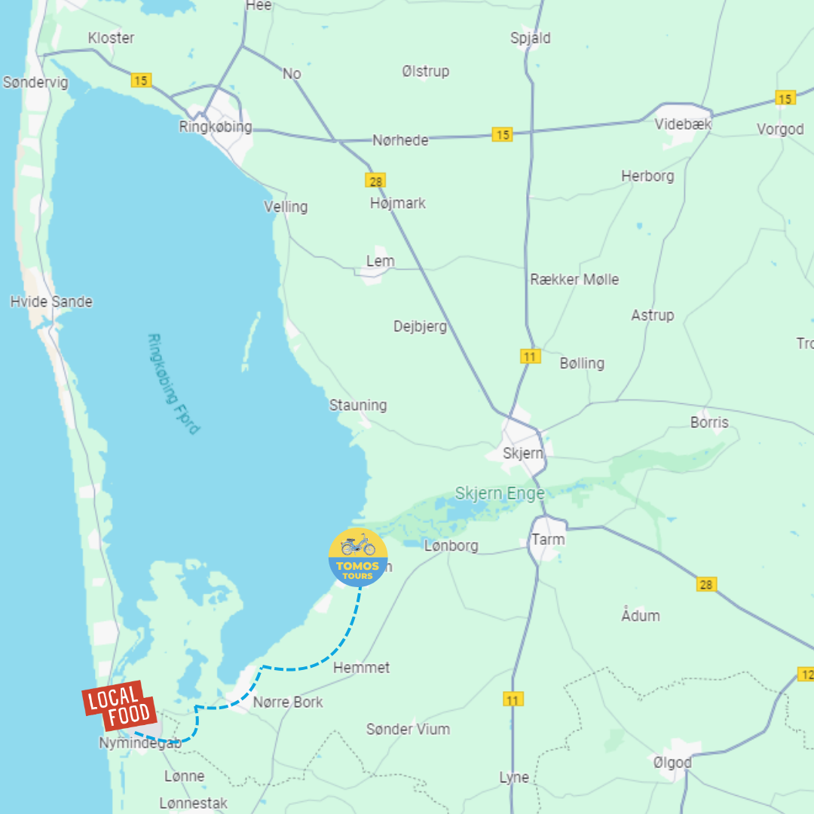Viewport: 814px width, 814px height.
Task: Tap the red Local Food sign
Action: coord(119,707)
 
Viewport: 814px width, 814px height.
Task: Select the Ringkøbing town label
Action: coord(216,127)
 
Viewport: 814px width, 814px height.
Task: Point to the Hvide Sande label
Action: coord(51,301)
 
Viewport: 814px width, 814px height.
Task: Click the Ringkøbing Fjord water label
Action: coord(174,384)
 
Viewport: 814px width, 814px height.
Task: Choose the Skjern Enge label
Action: coord(499,494)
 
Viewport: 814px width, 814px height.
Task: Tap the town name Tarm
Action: coord(548,540)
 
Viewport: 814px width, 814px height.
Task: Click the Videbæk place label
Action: coord(683,124)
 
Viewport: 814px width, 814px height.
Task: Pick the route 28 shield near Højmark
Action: coord(375,180)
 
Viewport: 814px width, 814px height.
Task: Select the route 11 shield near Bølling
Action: coord(530,356)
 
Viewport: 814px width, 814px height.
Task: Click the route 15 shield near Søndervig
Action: coord(140,80)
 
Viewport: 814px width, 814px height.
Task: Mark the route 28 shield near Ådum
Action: coord(706,584)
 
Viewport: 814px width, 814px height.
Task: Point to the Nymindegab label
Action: coord(140,743)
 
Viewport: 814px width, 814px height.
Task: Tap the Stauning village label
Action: coord(358,405)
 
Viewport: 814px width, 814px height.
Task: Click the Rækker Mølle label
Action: coord(574,279)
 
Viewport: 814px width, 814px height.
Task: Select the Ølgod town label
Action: coord(672,763)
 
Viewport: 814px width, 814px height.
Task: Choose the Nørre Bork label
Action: coord(288,702)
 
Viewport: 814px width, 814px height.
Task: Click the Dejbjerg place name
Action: coord(420,326)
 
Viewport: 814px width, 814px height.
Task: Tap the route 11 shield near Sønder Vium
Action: coord(513,700)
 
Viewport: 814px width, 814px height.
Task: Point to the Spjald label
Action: coord(531,38)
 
